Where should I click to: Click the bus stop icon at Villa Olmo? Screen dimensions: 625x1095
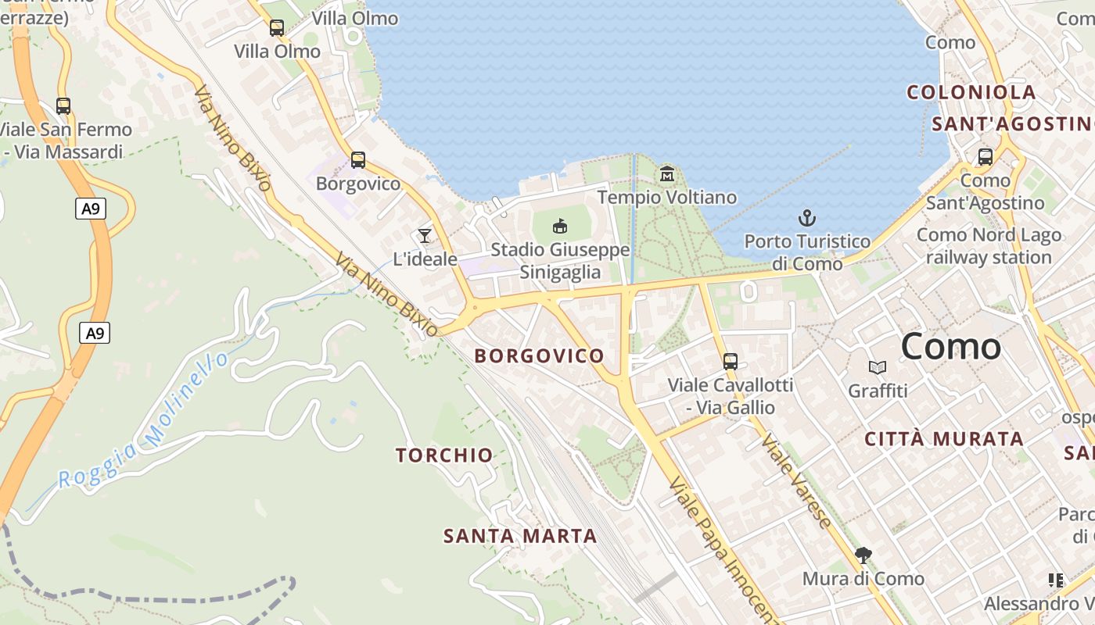pos(277,28)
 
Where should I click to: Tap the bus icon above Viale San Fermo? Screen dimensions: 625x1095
pos(63,106)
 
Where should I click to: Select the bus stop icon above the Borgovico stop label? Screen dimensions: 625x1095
pos(358,160)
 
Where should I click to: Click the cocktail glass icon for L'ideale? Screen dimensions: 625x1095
pos(425,235)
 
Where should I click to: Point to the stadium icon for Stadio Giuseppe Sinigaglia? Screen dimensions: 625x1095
pos(560,226)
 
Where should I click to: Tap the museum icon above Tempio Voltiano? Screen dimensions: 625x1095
pos(667,173)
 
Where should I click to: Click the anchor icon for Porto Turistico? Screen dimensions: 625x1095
pos(806,218)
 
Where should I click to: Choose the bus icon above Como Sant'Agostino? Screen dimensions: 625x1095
pos(985,156)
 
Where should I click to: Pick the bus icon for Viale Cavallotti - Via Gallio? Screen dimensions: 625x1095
pos(731,361)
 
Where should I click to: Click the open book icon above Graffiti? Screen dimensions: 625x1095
pos(878,367)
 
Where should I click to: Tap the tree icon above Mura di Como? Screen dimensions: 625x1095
pos(863,555)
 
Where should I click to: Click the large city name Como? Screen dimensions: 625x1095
pos(950,346)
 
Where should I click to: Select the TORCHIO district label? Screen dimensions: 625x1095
pos(444,455)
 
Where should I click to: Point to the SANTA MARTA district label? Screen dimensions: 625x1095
pos(520,536)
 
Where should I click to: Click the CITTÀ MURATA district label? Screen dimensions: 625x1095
pos(944,439)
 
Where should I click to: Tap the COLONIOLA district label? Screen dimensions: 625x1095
pos(971,92)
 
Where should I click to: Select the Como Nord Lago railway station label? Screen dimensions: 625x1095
pos(989,246)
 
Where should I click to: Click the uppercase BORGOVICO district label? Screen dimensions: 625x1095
pos(540,356)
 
